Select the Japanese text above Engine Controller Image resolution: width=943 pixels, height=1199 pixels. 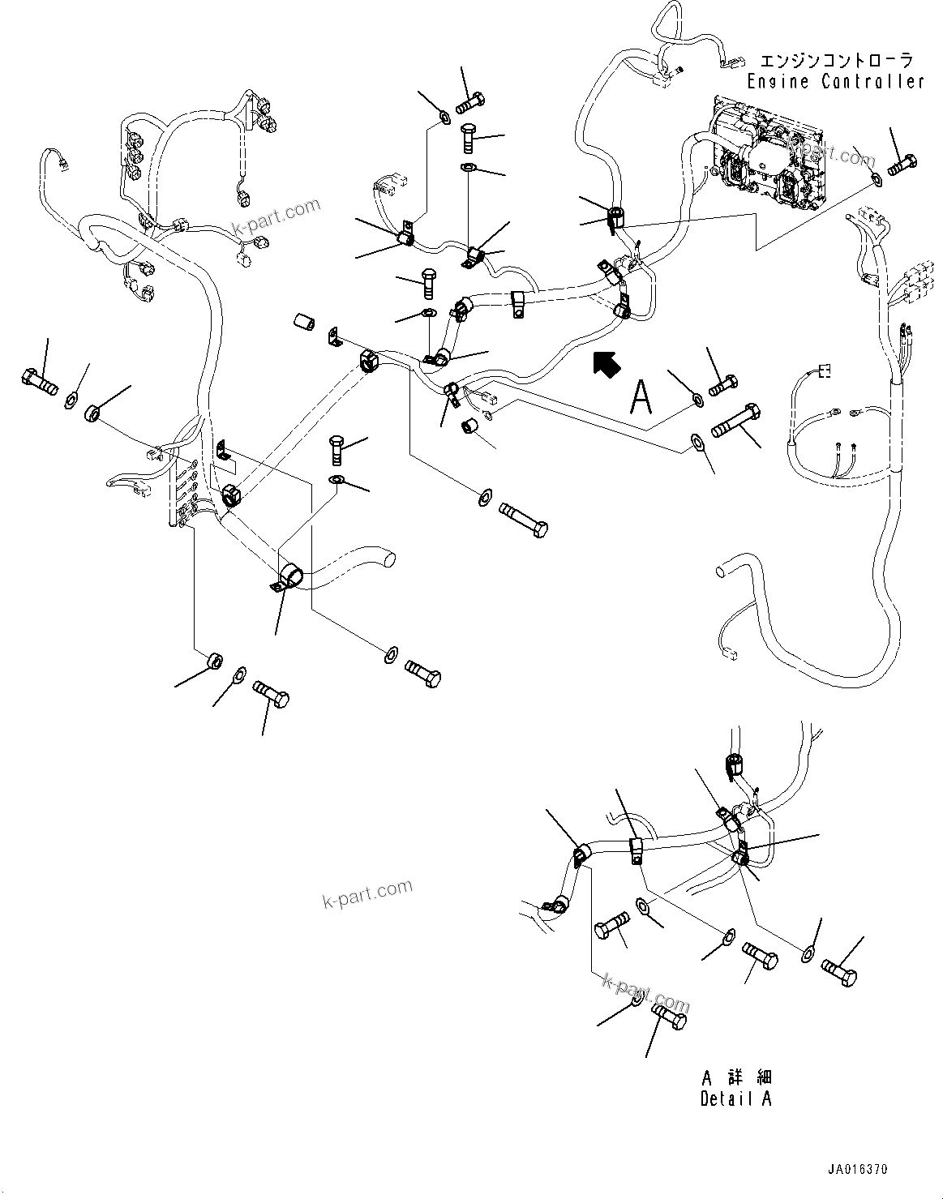pos(836,61)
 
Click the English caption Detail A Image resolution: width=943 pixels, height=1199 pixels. pos(735,1099)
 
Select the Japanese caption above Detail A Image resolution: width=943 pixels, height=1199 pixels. pos(736,1078)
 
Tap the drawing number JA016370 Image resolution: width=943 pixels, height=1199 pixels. pos(858,1169)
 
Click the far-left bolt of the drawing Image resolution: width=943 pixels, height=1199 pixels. pos(38,380)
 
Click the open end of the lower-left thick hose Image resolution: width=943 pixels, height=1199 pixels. pos(389,559)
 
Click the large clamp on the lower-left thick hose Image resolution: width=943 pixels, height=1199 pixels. pos(288,578)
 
